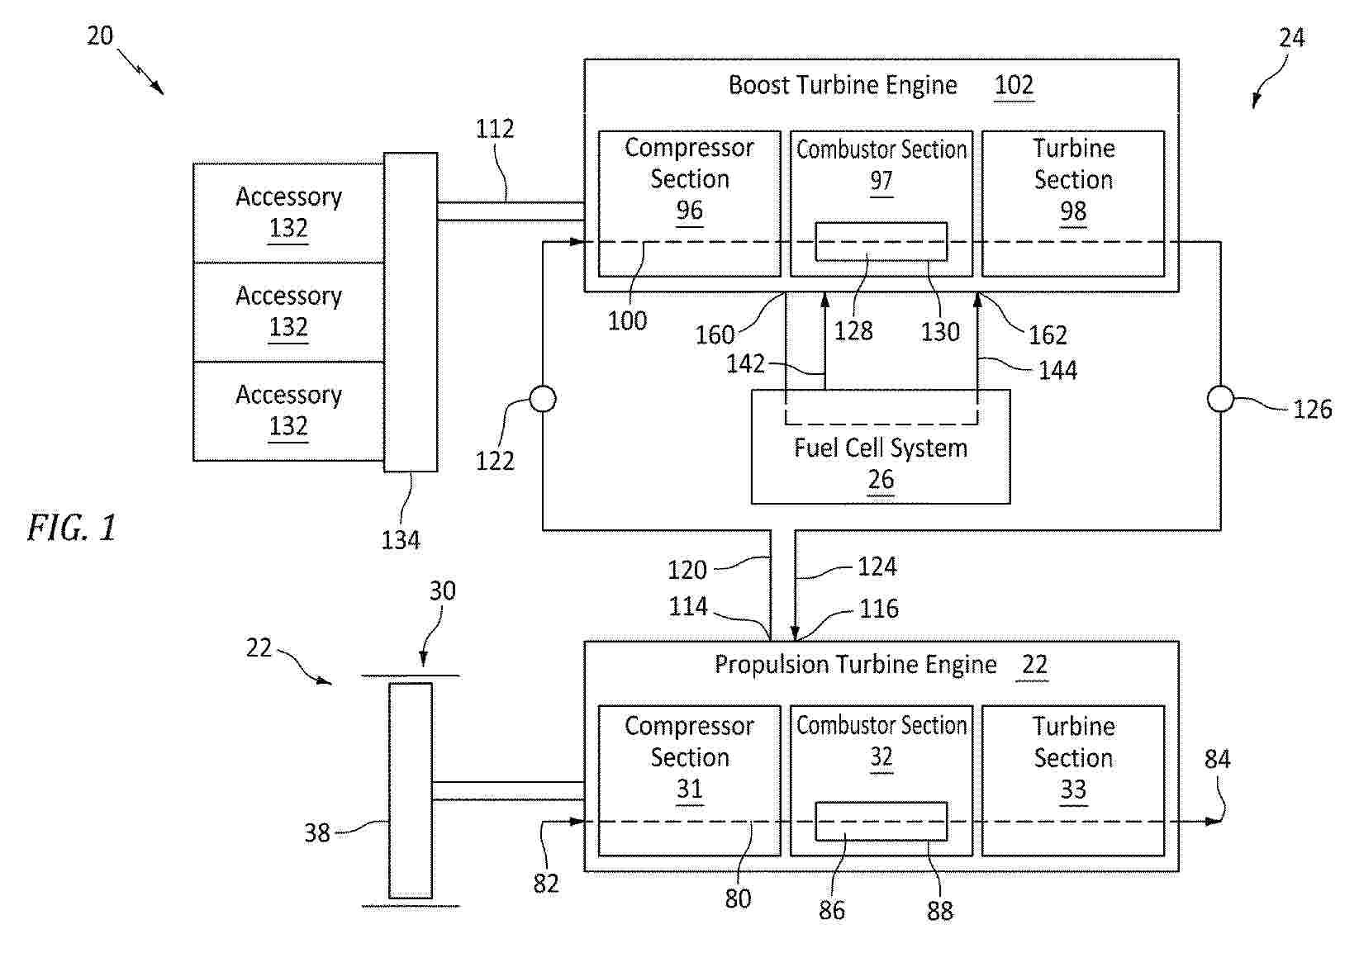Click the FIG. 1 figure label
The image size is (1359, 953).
72,528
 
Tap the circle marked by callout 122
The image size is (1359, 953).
542,400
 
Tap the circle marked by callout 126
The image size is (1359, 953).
1220,400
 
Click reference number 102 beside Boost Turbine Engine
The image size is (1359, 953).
1014,85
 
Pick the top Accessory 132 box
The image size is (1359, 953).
288,212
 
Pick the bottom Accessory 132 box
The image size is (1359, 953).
288,410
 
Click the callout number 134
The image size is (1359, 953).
401,540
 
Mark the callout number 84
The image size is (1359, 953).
1217,759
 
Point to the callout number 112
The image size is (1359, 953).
495,129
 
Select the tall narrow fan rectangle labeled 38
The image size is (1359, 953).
411,790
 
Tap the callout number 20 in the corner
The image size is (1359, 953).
100,36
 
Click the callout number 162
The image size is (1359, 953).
1048,334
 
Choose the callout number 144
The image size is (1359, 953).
1057,370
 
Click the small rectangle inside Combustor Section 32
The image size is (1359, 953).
881,821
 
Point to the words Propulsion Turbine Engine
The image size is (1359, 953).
855,665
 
